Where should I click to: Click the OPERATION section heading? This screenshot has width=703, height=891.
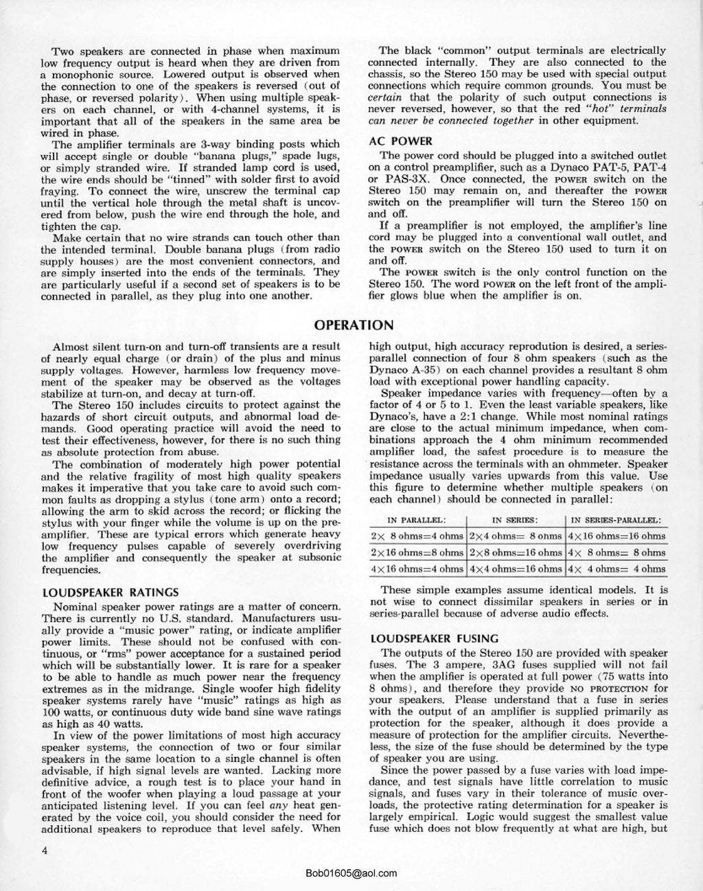point(354,325)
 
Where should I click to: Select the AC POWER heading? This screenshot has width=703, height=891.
point(400,141)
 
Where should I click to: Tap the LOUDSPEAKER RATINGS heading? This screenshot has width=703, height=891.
point(110,592)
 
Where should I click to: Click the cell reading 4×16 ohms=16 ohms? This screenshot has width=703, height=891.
point(616,536)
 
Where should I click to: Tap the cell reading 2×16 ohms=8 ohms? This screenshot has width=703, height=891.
point(417,553)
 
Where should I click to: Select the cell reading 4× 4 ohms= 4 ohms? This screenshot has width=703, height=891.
point(616,569)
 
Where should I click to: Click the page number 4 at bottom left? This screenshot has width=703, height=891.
point(44,851)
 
